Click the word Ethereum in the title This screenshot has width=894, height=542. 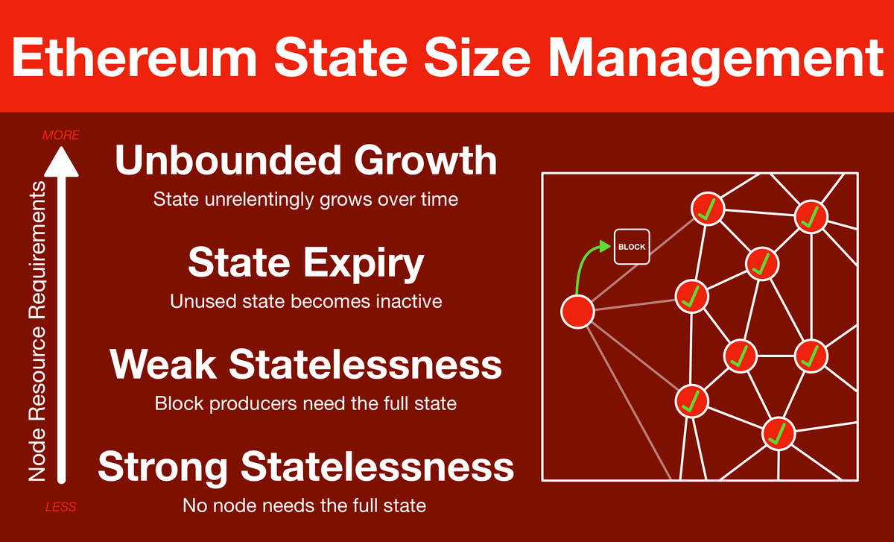(135, 57)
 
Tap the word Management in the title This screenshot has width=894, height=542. (716, 60)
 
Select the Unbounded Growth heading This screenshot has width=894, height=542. (305, 160)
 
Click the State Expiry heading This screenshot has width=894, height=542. (305, 264)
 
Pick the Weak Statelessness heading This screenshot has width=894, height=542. (305, 365)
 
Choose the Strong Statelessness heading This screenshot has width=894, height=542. (305, 468)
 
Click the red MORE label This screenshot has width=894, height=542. (61, 135)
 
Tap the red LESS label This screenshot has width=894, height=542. (60, 507)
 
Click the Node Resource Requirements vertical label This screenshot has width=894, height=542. (37, 331)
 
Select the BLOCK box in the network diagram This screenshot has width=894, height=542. (632, 247)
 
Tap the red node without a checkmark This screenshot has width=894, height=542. (577, 312)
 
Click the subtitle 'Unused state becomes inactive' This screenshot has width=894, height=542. (305, 301)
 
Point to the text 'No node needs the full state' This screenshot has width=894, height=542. (304, 505)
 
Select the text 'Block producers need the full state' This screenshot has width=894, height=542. (305, 404)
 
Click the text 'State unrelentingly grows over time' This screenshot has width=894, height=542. (305, 200)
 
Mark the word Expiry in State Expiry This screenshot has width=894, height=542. (364, 264)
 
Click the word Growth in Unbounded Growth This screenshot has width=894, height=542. (426, 160)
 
